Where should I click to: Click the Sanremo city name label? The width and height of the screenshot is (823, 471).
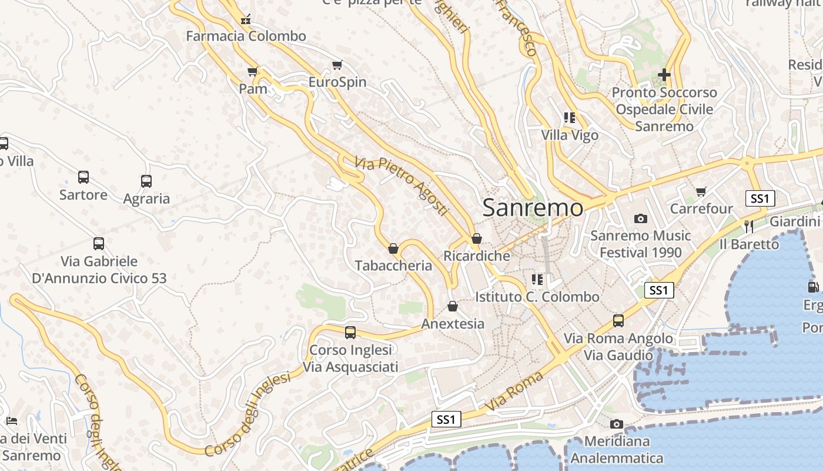click(x=533, y=207)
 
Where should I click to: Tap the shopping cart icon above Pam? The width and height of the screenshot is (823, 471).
click(x=253, y=71)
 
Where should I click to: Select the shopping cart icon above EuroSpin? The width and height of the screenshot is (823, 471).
click(x=337, y=65)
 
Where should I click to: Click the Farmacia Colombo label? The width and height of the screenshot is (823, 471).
click(x=246, y=36)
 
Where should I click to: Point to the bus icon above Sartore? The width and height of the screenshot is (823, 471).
click(x=83, y=177)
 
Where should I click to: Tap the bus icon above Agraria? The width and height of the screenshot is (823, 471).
click(x=146, y=181)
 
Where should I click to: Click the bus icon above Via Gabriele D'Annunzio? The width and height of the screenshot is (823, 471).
click(x=99, y=243)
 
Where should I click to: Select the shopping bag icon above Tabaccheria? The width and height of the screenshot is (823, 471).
click(x=393, y=248)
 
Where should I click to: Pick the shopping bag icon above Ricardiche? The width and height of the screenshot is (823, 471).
click(x=477, y=238)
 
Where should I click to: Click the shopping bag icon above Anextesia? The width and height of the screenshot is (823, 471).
click(x=453, y=306)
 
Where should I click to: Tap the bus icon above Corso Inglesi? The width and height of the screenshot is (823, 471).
click(x=350, y=333)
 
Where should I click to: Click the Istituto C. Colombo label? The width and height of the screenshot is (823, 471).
click(x=537, y=297)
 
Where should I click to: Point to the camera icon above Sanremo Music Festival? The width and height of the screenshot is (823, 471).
click(x=641, y=218)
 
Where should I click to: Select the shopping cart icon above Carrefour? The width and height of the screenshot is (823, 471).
click(x=701, y=191)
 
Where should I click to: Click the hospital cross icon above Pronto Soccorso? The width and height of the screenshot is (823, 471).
click(x=664, y=75)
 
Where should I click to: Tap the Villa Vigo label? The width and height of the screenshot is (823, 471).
click(x=570, y=135)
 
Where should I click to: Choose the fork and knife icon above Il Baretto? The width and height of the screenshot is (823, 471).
click(x=748, y=226)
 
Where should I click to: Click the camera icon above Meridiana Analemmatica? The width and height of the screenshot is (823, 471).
click(x=616, y=424)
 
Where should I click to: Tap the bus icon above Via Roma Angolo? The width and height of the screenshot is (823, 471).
click(x=618, y=321)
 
